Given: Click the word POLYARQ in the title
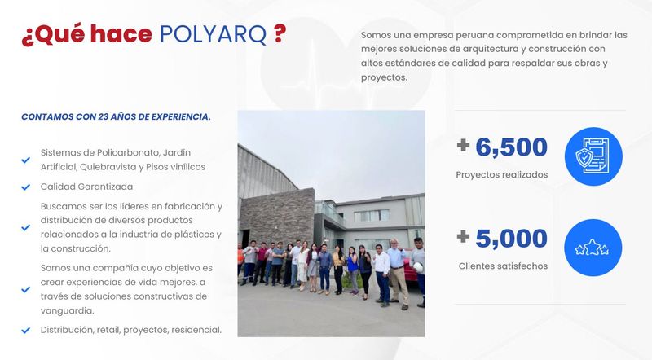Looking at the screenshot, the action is (x=213, y=34).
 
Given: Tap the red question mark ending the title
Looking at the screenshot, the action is (x=280, y=33).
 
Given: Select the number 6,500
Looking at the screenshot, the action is (x=511, y=148).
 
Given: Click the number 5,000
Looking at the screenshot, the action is (x=511, y=239).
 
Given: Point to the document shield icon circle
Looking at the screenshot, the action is (x=593, y=156).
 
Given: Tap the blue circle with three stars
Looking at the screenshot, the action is (x=593, y=248).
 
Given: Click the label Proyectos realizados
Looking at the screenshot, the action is (x=501, y=175).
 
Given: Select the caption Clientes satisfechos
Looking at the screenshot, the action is (x=503, y=266).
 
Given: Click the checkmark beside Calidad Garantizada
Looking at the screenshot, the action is (x=26, y=187).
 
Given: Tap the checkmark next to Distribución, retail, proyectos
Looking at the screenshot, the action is (x=26, y=331).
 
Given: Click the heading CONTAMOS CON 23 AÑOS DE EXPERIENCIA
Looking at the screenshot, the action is (x=116, y=116).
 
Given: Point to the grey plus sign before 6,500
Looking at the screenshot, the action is (x=463, y=145).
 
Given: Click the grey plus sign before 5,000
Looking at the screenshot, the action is (x=463, y=236).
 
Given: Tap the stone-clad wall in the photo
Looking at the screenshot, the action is (x=277, y=216).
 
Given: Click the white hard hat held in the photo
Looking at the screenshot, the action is (x=417, y=267).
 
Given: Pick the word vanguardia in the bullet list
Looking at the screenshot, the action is (x=67, y=311).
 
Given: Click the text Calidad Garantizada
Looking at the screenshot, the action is (x=86, y=187).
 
